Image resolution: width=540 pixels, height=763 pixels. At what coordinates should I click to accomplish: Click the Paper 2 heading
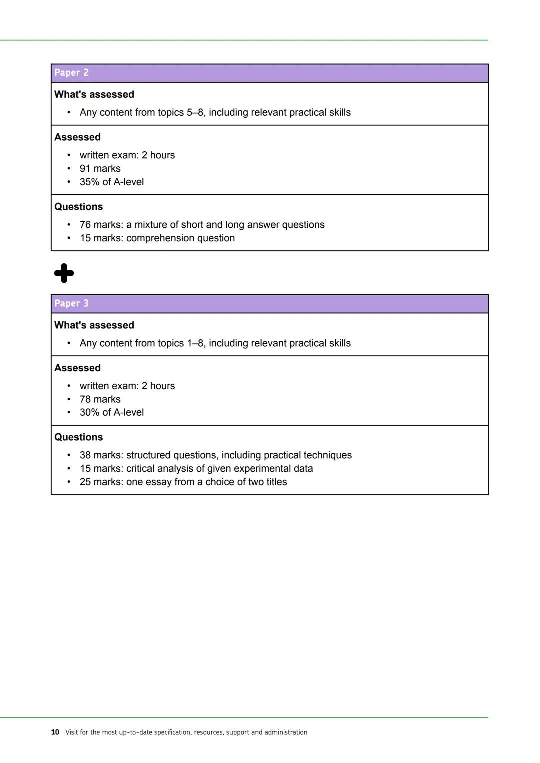[x=71, y=73]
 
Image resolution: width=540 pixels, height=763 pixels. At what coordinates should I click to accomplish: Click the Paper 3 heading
[x=71, y=304]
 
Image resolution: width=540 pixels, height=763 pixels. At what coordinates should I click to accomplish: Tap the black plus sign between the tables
[x=64, y=273]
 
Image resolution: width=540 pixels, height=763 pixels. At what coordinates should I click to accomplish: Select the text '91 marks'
[x=100, y=169]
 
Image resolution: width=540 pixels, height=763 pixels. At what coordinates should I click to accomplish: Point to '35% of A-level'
[x=111, y=182]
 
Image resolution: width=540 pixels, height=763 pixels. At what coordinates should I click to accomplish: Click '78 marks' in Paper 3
[x=100, y=399]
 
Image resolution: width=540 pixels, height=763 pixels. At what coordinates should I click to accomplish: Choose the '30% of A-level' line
[x=111, y=413]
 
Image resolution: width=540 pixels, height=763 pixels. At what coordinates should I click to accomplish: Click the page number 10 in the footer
[x=55, y=732]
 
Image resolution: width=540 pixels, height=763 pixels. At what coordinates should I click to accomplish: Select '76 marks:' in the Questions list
[x=101, y=225]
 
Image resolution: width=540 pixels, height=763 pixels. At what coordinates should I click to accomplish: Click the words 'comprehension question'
[x=180, y=238]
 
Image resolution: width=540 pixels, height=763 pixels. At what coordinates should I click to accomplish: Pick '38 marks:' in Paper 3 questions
[x=101, y=455]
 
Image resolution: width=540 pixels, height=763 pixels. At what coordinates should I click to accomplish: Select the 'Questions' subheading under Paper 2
[x=78, y=207]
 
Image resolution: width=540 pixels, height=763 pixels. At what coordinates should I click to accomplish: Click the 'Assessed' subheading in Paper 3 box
[x=77, y=368]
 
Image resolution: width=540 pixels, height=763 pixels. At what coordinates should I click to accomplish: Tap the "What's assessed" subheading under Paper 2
[x=94, y=95]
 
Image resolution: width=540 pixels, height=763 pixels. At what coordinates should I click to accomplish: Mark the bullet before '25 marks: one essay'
[x=68, y=482]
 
